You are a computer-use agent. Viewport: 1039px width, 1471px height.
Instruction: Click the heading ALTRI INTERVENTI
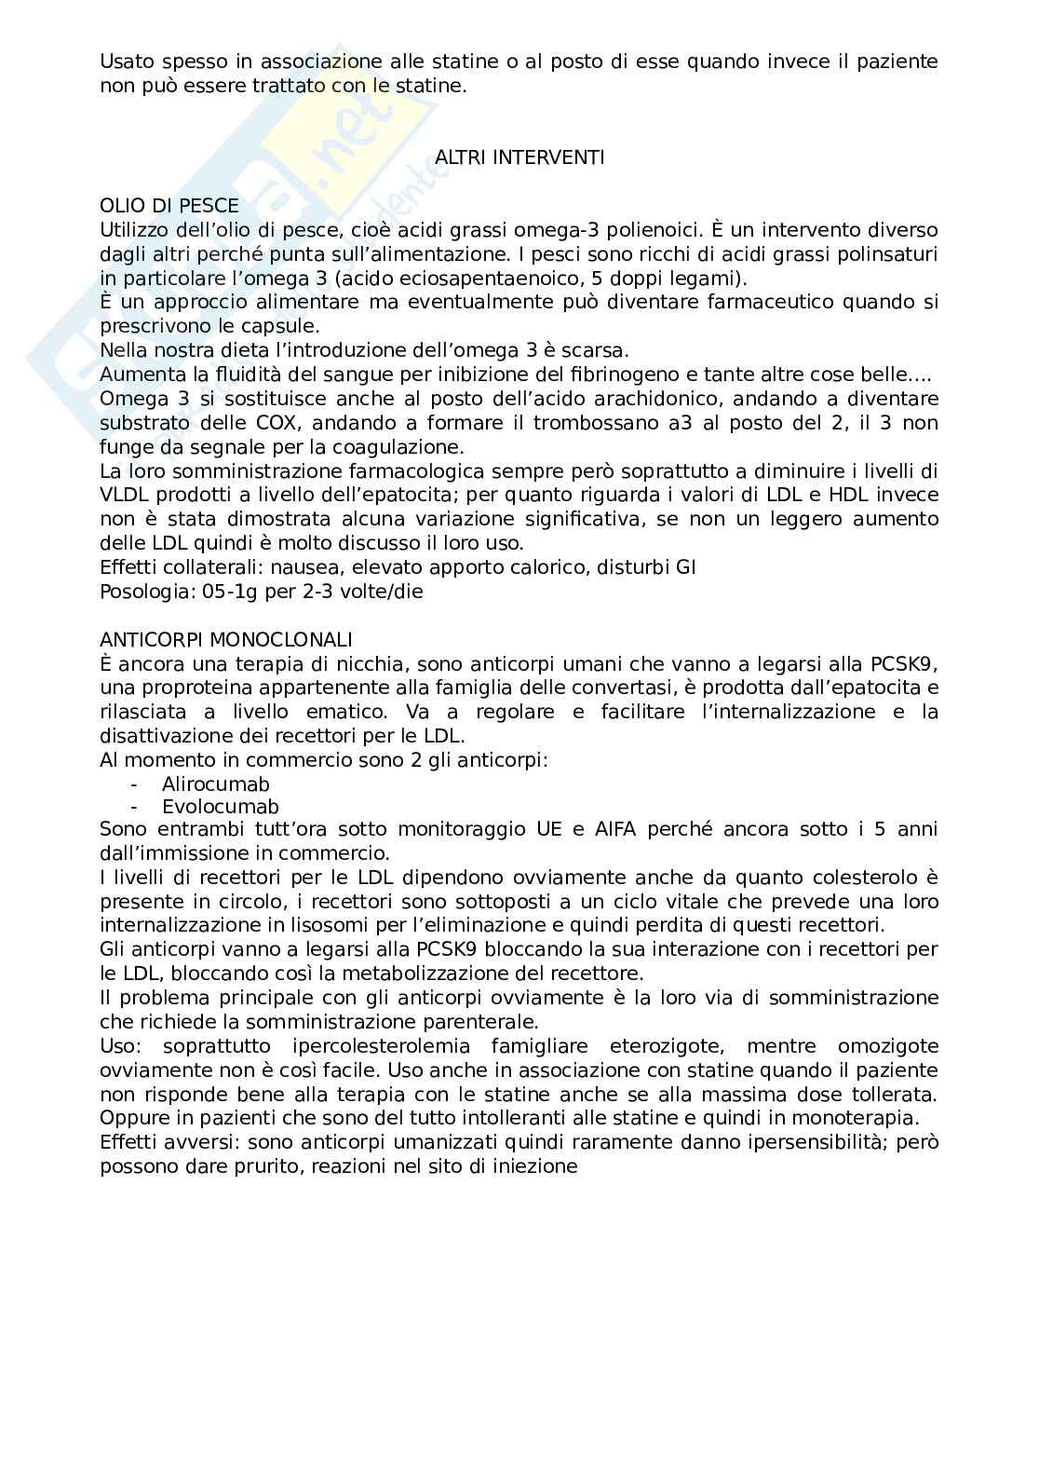[519, 157]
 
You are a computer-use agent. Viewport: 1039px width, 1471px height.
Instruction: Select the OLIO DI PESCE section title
[169, 206]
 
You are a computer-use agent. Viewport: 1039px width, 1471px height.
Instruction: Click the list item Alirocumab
[215, 784]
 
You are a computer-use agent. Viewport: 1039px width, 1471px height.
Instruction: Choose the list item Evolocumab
[220, 808]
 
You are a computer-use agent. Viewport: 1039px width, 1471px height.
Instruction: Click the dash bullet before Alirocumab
[135, 784]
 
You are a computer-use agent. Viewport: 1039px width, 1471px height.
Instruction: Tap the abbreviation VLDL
[124, 495]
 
